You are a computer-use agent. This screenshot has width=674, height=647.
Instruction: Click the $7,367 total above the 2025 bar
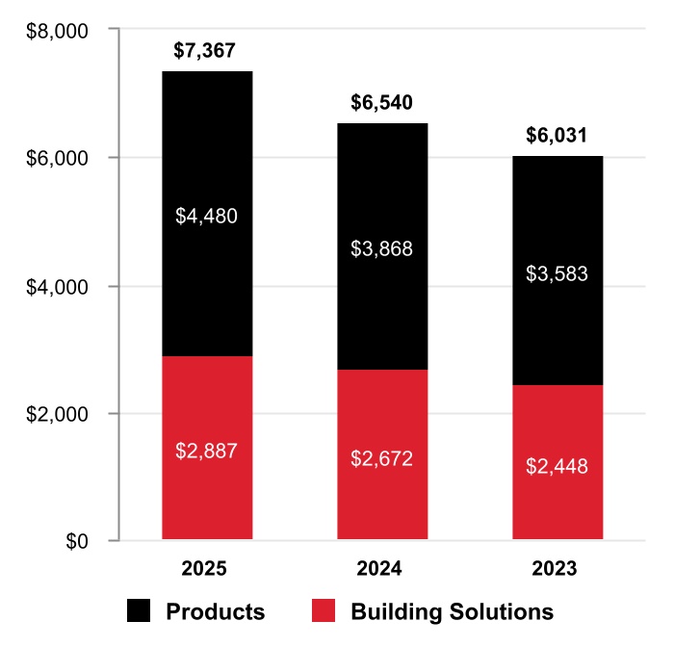(205, 51)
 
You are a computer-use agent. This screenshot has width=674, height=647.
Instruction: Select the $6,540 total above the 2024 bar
(382, 103)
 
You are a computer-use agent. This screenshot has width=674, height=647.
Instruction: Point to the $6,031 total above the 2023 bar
(557, 136)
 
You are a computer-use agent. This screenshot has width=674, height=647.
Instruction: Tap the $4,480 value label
(206, 217)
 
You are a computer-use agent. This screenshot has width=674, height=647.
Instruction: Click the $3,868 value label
(382, 249)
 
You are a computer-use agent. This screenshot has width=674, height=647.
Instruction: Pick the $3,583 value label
(557, 273)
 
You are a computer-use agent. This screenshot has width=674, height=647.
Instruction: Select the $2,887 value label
(206, 451)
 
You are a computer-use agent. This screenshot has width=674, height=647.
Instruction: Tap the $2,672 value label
(382, 458)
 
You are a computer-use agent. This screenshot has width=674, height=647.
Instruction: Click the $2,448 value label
(557, 467)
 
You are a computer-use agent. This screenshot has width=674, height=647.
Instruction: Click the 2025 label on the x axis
(205, 569)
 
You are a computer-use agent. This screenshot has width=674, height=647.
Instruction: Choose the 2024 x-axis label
(382, 569)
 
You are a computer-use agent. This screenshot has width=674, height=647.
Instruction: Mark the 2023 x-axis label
(557, 569)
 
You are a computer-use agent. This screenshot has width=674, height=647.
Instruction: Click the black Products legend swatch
(139, 611)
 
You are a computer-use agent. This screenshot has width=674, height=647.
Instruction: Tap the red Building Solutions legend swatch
(324, 611)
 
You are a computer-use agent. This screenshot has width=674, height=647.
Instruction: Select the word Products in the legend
(215, 612)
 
